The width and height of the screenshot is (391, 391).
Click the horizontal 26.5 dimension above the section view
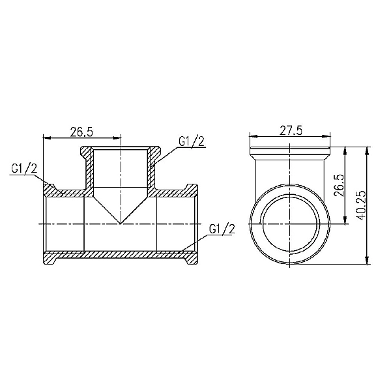(x=81, y=132)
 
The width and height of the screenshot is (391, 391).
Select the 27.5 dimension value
(x=291, y=130)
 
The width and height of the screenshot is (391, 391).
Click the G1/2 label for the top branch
(x=192, y=142)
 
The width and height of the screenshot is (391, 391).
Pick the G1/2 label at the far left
(x=24, y=169)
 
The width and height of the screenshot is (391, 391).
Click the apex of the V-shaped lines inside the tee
(x=121, y=223)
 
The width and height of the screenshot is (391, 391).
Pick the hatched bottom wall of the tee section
(x=121, y=259)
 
